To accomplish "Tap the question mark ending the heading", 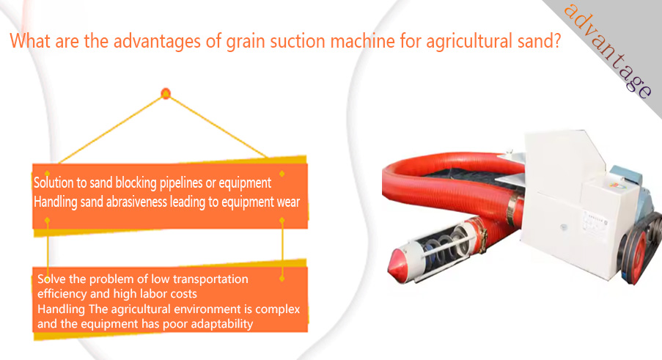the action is (556, 40).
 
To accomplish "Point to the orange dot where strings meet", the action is (166, 93).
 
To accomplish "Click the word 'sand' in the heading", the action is (534, 41).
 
